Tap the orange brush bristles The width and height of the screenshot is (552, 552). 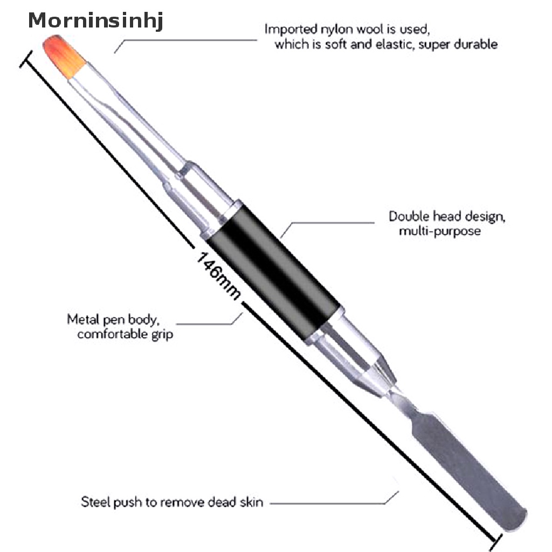64,52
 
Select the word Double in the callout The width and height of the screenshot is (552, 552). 408,217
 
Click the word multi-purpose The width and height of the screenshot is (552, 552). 433,232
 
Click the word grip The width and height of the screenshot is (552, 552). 162,334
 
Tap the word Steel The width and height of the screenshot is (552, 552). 94,502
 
